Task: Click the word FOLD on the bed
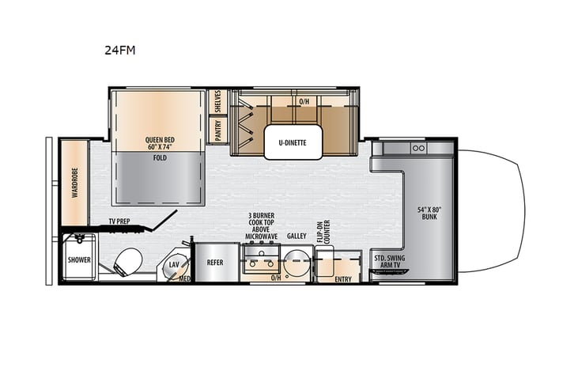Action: tap(160, 157)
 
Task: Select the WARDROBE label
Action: tap(75, 182)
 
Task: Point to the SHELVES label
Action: tap(217, 102)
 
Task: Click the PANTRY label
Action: tap(217, 128)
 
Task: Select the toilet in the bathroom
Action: tap(126, 260)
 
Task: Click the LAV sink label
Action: tap(175, 265)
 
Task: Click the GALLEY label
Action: tap(297, 236)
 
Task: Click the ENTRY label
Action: tap(343, 278)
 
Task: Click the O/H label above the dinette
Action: tap(304, 102)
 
